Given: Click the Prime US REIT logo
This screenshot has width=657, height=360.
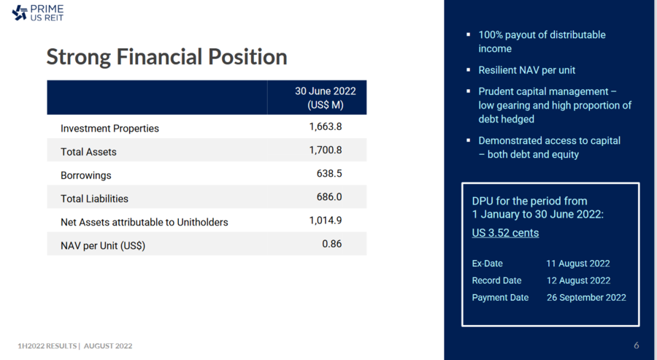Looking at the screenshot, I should pyautogui.click(x=39, y=12).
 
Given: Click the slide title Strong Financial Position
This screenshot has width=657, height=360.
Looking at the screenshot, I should pyautogui.click(x=166, y=57).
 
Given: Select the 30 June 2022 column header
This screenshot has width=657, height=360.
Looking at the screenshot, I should pyautogui.click(x=325, y=98).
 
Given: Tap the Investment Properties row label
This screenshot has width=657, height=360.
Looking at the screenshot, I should pyautogui.click(x=109, y=129).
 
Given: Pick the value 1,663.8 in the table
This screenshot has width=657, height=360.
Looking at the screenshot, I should pyautogui.click(x=325, y=126).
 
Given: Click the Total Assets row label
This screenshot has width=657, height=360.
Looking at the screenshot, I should pyautogui.click(x=88, y=152).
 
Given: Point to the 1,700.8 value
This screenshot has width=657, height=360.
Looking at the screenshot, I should pyautogui.click(x=325, y=150).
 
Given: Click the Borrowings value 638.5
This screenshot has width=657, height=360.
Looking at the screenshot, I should pyautogui.click(x=329, y=174).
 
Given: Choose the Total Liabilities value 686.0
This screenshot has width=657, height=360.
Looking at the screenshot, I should pyautogui.click(x=329, y=197).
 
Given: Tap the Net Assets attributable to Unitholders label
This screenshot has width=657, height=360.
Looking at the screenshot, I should pyautogui.click(x=144, y=222).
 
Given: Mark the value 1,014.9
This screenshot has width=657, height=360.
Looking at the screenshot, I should pyautogui.click(x=325, y=221).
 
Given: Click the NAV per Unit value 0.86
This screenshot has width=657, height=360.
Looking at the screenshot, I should pyautogui.click(x=331, y=244).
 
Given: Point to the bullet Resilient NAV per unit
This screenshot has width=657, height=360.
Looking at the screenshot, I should pyautogui.click(x=526, y=70).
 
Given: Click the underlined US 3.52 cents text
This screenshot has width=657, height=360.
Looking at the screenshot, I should pyautogui.click(x=505, y=233).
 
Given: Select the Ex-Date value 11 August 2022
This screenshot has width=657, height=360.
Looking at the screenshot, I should pyautogui.click(x=577, y=264).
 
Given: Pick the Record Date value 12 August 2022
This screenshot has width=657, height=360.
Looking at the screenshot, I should pyautogui.click(x=577, y=280).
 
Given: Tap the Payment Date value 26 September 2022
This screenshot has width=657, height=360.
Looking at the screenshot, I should pyautogui.click(x=586, y=297).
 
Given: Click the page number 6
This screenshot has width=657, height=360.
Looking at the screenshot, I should pyautogui.click(x=637, y=345).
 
